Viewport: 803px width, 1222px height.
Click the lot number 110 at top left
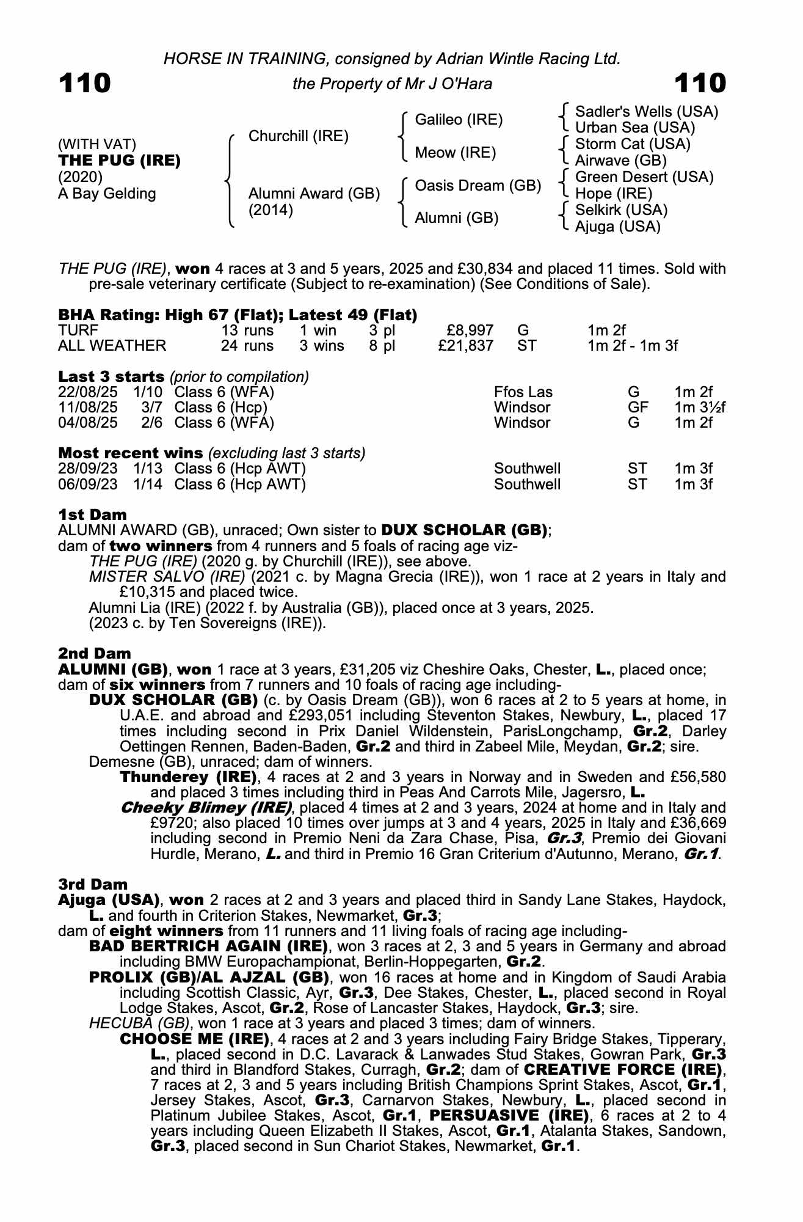click(x=85, y=84)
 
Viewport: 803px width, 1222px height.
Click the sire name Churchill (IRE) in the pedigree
click(x=298, y=136)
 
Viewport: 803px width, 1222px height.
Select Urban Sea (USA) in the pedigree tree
click(x=635, y=128)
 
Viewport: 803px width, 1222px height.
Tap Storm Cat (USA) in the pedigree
click(x=633, y=144)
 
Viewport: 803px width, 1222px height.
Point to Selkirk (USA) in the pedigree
click(x=621, y=210)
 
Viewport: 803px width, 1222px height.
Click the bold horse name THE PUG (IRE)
click(x=119, y=161)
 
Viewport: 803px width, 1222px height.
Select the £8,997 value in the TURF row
click(x=470, y=331)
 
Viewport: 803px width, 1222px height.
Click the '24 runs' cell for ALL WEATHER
click(x=247, y=346)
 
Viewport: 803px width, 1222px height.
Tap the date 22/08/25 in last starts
click(x=87, y=392)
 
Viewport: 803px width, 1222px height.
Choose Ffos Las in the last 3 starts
click(x=523, y=392)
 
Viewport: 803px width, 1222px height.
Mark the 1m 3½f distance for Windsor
click(x=700, y=408)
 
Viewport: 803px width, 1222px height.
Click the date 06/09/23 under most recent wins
click(x=87, y=485)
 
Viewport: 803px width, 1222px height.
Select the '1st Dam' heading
click(x=92, y=514)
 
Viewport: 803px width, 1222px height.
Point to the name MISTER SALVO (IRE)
click(x=167, y=577)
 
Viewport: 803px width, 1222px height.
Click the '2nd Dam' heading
click(x=94, y=654)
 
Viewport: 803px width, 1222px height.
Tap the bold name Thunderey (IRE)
click(x=188, y=777)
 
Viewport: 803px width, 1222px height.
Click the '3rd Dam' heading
click(x=93, y=884)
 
